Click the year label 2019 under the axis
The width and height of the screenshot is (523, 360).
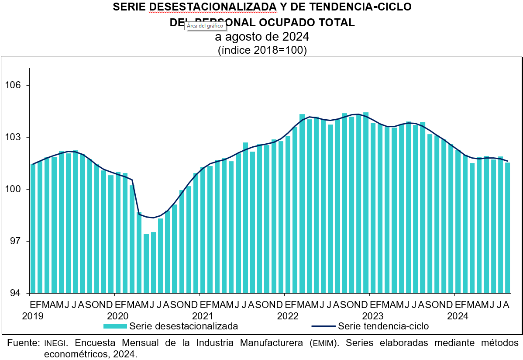coord(33,315)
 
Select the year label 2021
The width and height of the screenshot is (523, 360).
coord(203,315)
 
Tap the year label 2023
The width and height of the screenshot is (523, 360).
coord(373,315)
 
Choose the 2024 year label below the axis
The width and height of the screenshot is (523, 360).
coord(458,315)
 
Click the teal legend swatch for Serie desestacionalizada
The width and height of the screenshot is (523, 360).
coord(115,326)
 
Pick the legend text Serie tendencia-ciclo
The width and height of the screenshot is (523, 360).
coord(383,326)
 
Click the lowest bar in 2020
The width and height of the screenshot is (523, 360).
coord(146,263)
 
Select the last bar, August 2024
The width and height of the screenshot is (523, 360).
coord(507,227)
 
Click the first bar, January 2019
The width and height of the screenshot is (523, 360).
coord(33,228)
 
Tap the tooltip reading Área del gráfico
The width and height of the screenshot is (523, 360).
coord(205,26)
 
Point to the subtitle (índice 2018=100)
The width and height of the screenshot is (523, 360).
coord(262,50)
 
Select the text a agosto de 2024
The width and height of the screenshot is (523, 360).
coord(262,36)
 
